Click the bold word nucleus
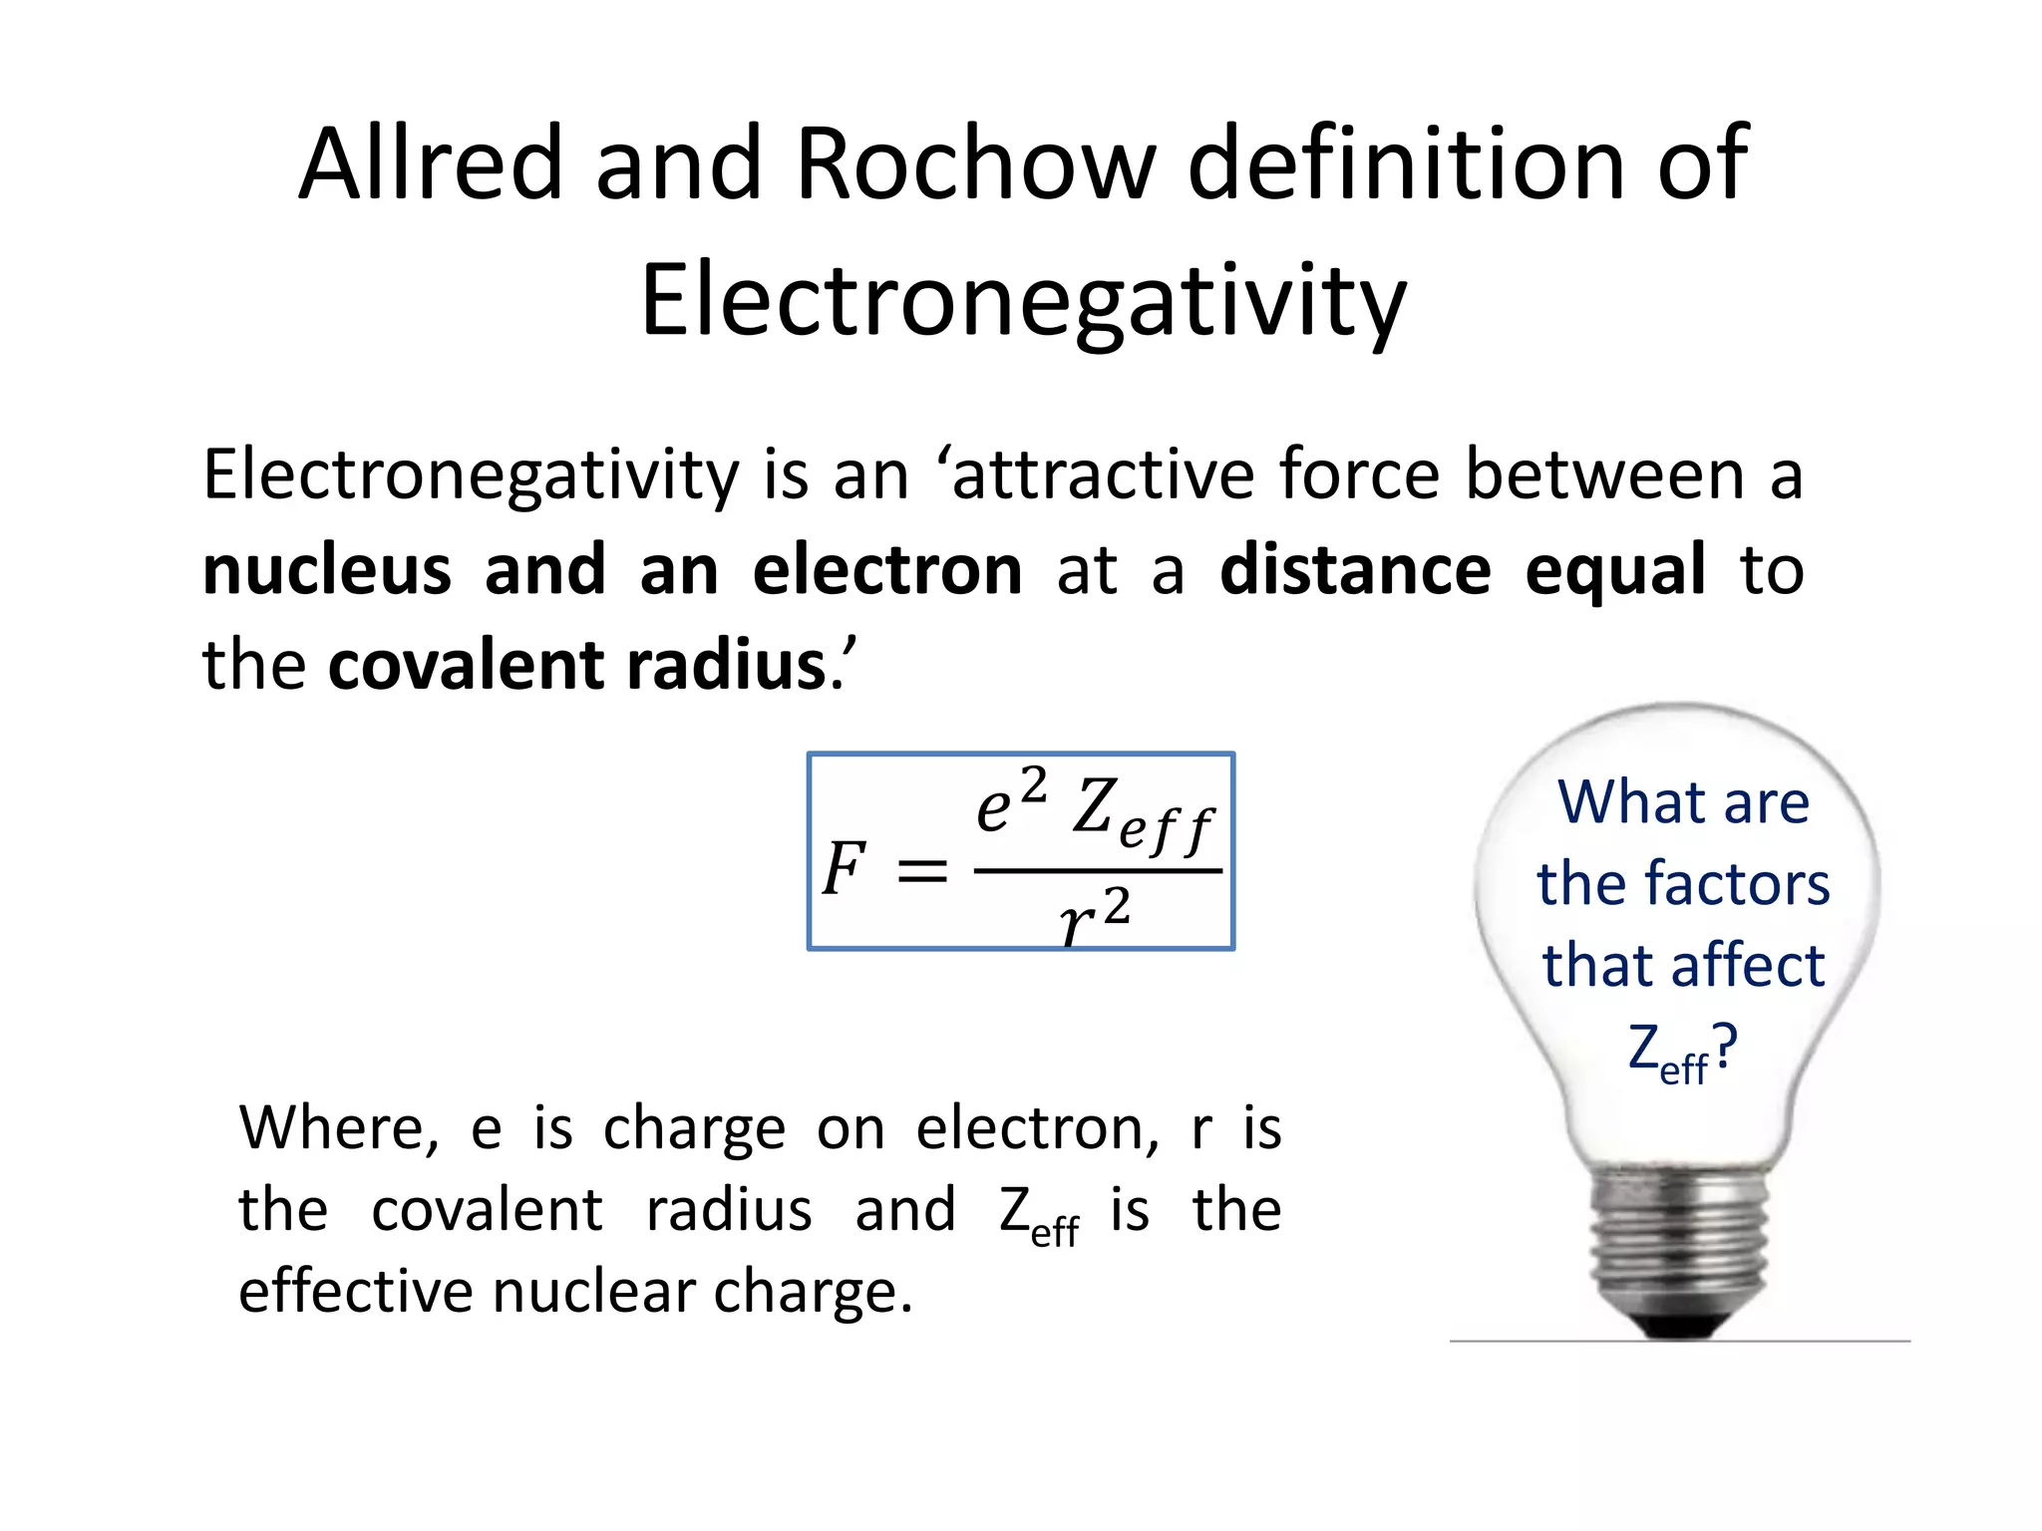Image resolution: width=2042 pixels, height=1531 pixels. (327, 570)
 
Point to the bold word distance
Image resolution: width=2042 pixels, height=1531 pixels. (1356, 570)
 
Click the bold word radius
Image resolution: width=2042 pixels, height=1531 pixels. (727, 665)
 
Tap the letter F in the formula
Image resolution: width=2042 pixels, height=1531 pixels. (844, 869)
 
